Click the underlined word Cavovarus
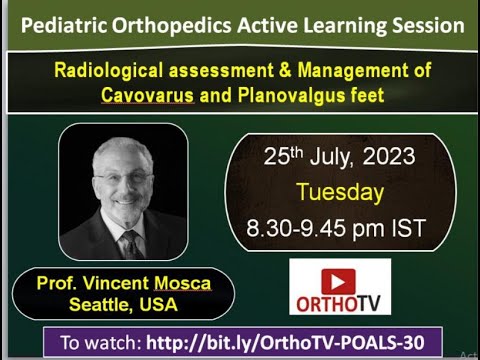click(x=152, y=95)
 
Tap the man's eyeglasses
click(x=123, y=179)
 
